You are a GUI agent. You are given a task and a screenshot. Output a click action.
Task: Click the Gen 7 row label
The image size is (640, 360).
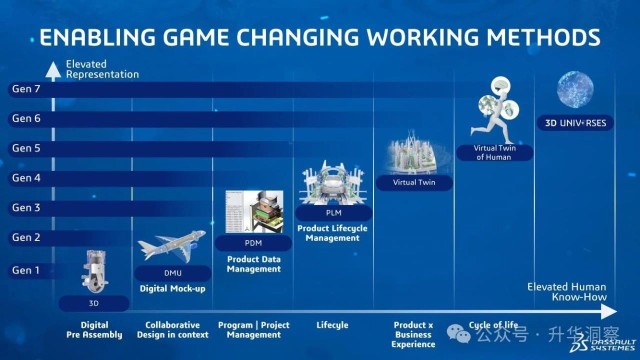click(26, 89)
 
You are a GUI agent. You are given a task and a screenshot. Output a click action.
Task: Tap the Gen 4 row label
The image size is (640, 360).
click(26, 178)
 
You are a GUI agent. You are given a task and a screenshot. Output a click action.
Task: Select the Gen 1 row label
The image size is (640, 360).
click(25, 270)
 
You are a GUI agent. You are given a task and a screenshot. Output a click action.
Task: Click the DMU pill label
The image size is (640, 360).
click(173, 273)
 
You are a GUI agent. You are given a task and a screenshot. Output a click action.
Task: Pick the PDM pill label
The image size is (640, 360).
click(253, 243)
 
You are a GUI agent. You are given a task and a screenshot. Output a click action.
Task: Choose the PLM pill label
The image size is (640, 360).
click(333, 213)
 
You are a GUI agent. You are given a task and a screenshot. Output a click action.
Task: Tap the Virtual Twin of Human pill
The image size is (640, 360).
click(494, 153)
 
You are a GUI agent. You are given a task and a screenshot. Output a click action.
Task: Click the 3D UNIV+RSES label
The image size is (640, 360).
click(575, 123)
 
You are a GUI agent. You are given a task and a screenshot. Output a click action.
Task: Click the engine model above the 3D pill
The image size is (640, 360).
click(94, 271)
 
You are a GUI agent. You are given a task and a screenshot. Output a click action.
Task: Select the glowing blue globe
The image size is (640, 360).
click(575, 89)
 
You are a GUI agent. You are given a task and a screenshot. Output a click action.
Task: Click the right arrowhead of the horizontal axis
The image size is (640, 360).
click(609, 311)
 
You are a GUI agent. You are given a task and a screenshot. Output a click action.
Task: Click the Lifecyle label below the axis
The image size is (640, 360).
click(332, 325)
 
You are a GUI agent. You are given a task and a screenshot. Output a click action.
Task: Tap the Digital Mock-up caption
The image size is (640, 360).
click(172, 288)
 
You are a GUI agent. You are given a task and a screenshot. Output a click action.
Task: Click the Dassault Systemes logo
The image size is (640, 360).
click(603, 345)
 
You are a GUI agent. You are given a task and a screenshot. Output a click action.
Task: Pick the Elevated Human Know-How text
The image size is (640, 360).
click(567, 291)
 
